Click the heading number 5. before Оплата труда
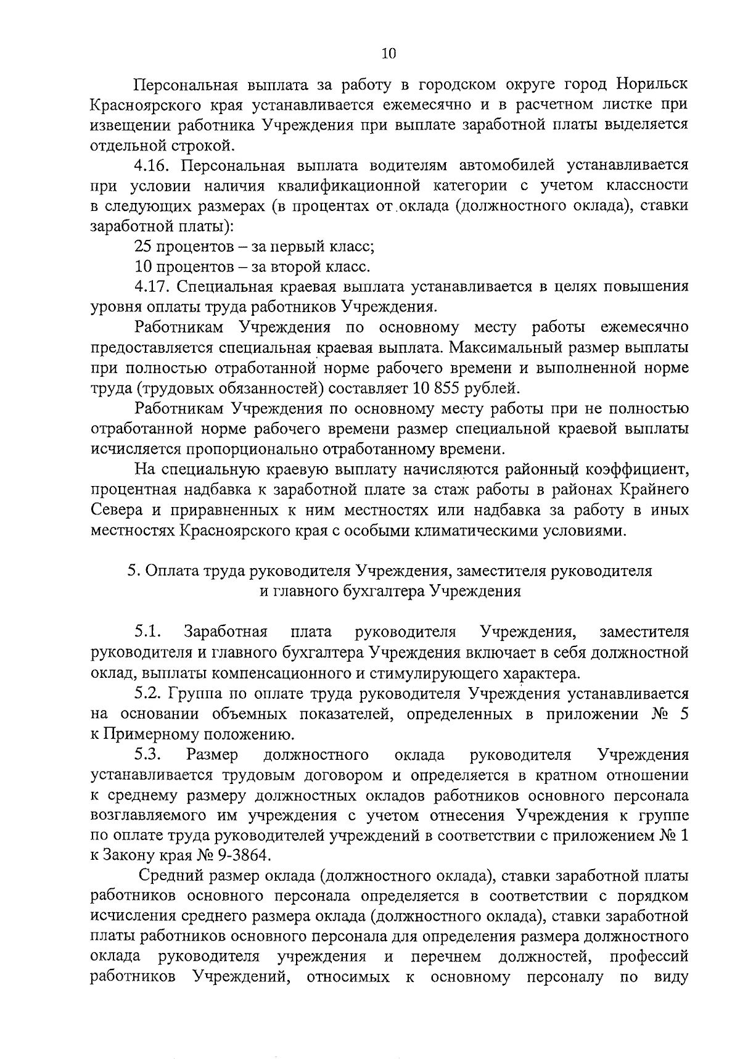133,571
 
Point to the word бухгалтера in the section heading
385,591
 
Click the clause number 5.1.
147,632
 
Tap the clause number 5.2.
147,693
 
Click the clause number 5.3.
147,754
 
